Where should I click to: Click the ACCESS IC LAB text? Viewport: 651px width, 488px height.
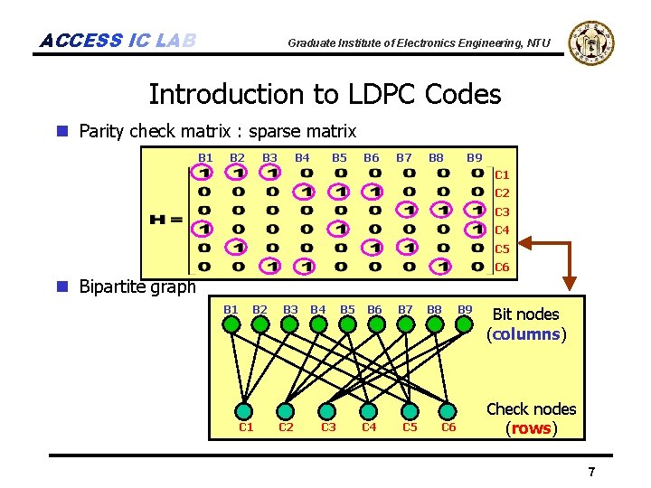[x=118, y=41]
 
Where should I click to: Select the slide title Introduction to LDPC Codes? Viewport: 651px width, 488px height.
[x=325, y=94]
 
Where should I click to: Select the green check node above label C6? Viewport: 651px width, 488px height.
[x=448, y=410]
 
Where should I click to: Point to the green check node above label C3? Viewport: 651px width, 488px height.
[x=327, y=410]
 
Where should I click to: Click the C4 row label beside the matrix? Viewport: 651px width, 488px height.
[x=502, y=230]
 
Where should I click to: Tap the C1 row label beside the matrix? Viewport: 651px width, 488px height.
[x=502, y=174]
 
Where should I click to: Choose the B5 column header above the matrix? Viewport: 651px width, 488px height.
[x=339, y=157]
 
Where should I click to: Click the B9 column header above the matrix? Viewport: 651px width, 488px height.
[x=474, y=157]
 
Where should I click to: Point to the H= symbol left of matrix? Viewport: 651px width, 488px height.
[x=165, y=220]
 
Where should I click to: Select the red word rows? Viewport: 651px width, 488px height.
[x=531, y=428]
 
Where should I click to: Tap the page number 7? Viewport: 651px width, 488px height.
[x=591, y=472]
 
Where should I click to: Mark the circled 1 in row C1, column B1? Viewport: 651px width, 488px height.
[x=205, y=174]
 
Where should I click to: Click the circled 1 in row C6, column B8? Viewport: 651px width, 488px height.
[x=442, y=266]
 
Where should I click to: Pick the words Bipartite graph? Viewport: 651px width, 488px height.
[x=137, y=287]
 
